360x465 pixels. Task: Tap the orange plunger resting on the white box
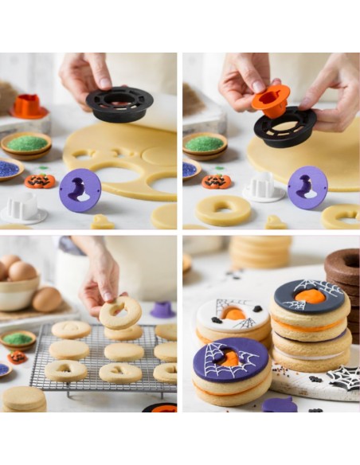click(29, 106)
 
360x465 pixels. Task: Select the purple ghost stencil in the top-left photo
click(80, 190)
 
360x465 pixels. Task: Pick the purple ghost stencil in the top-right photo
click(307, 187)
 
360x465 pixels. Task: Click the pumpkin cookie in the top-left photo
click(40, 181)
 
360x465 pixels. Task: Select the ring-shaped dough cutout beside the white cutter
click(222, 210)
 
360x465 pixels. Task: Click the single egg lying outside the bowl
click(47, 299)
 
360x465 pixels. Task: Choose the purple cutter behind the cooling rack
click(162, 309)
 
